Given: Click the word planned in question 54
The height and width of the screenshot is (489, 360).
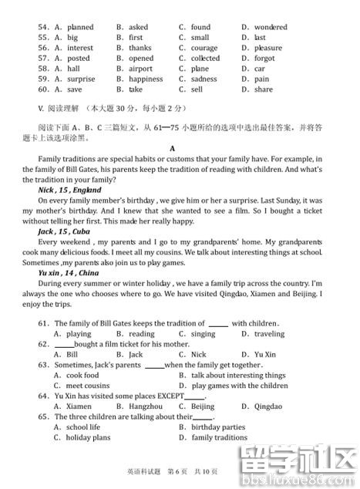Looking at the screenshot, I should pyautogui.click(x=80, y=27).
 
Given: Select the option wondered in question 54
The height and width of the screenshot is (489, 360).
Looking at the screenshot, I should pyautogui.click(x=270, y=27).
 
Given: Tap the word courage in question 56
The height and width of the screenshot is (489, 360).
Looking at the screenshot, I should pyautogui.click(x=204, y=48).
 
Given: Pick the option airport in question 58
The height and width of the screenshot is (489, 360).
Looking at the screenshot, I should pyautogui.click(x=141, y=69).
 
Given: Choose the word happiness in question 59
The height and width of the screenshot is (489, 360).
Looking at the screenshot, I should pyautogui.click(x=146, y=79).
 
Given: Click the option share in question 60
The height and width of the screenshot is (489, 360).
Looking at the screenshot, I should pyautogui.click(x=263, y=89).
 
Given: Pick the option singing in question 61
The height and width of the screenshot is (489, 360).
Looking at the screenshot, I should pyautogui.click(x=203, y=333).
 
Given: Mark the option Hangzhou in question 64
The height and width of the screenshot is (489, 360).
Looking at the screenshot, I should pyautogui.click(x=146, y=406).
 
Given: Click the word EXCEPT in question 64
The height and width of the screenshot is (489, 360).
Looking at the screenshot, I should pyautogui.click(x=172, y=396).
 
